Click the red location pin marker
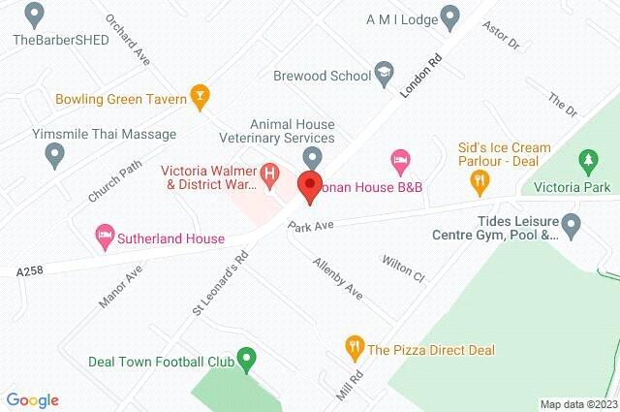click(309, 185)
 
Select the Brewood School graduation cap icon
click(385, 75)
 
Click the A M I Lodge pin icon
click(449, 16)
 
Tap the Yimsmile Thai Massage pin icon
click(55, 154)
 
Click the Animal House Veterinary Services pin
click(312, 156)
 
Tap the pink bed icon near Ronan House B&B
click(399, 159)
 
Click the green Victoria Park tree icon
click(586, 159)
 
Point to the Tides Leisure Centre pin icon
click(572, 227)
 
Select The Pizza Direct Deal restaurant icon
click(355, 346)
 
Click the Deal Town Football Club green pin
click(246, 361)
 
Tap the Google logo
click(32, 399)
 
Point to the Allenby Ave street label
click(337, 278)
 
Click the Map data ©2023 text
click(577, 404)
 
